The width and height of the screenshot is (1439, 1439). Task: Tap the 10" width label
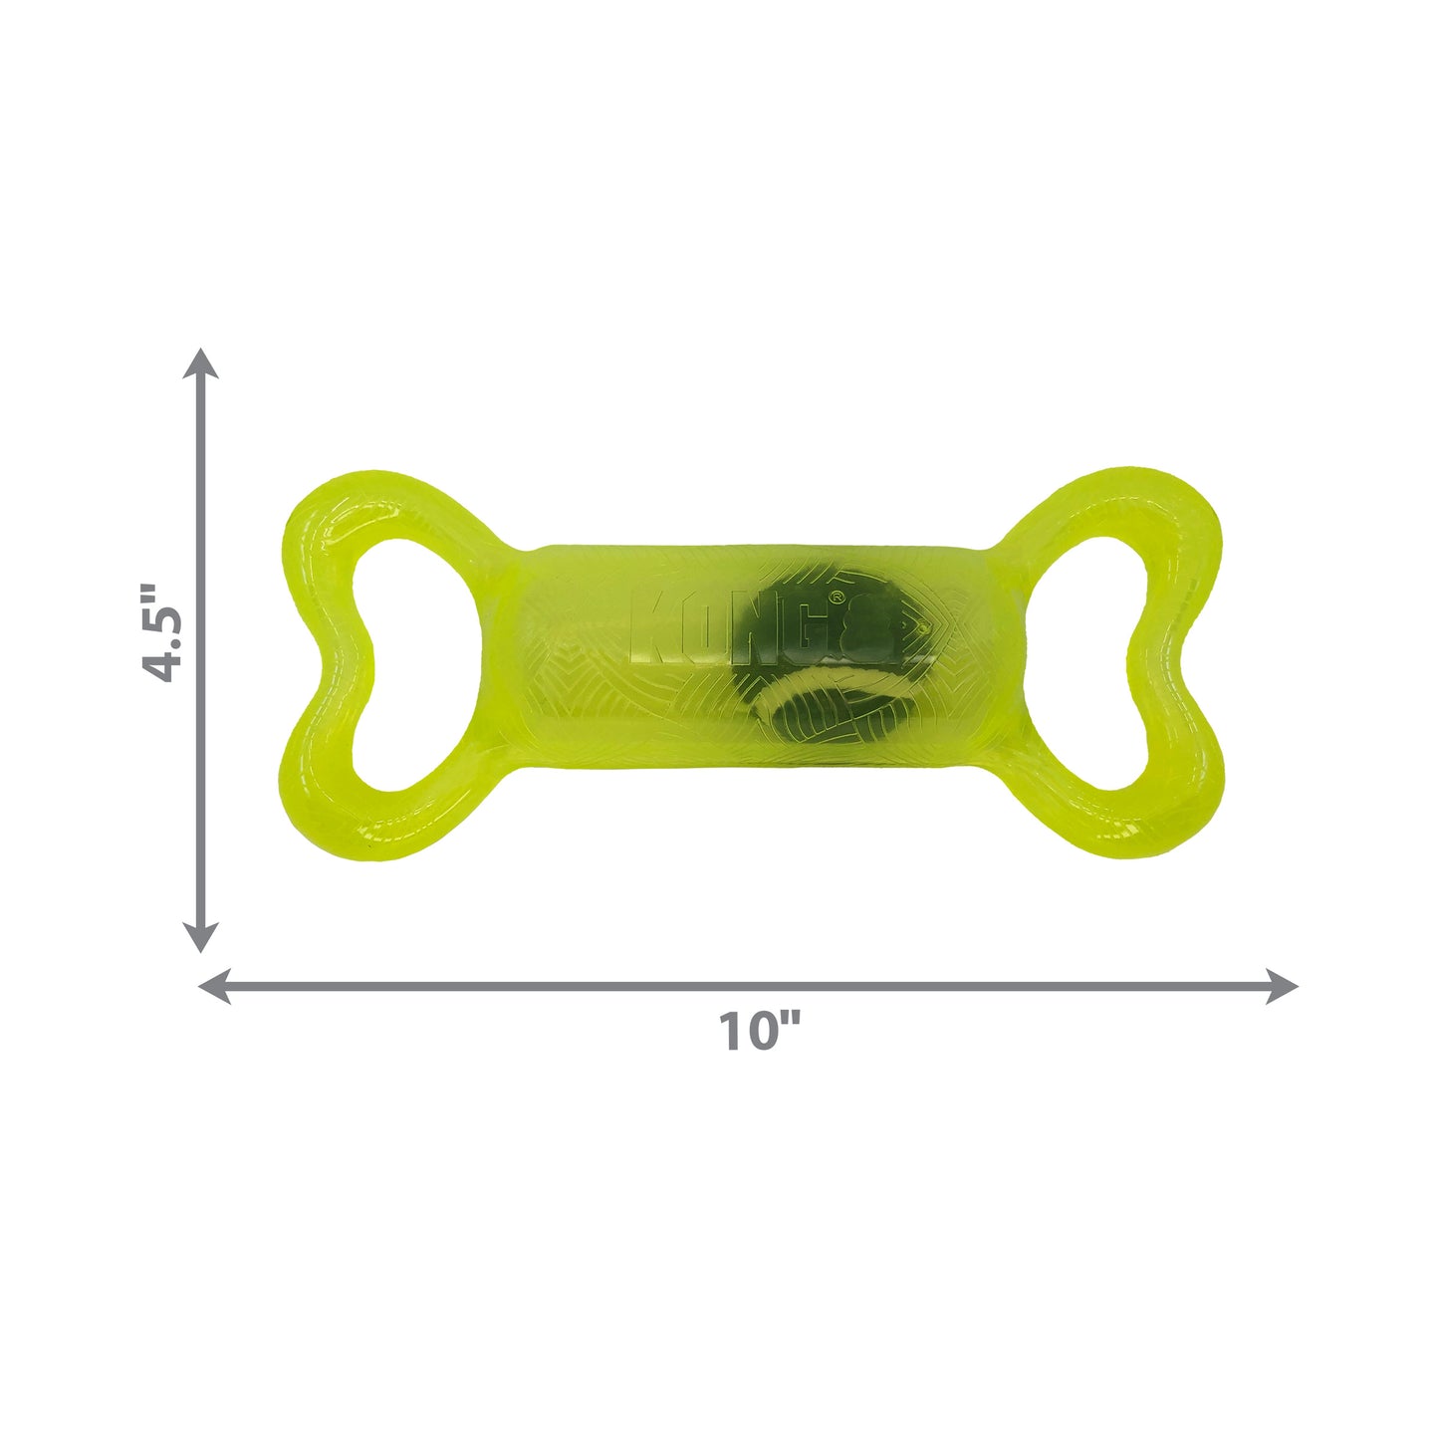tap(759, 1032)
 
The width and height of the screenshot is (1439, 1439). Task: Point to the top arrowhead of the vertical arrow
tap(201, 363)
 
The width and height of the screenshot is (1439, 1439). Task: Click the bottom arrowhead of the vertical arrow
tap(201, 937)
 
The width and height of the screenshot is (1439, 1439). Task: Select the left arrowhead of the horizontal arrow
tap(215, 987)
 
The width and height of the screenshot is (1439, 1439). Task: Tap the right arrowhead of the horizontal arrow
tap(1283, 987)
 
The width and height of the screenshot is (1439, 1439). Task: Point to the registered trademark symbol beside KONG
tap(837, 597)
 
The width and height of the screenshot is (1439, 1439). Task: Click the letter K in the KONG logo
tap(652, 627)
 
